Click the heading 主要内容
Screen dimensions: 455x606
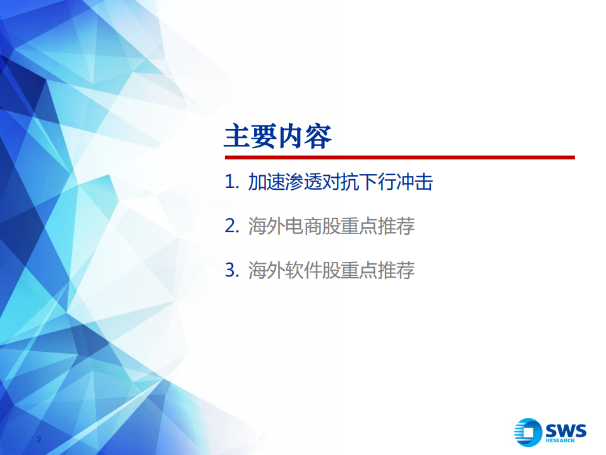pos(278,136)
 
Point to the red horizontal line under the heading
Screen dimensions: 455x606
pos(399,157)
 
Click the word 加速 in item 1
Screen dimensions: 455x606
pos(266,182)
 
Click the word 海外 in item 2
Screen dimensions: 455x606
pos(266,227)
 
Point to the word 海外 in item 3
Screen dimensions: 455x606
pos(266,271)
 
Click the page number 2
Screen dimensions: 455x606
pos(39,439)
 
